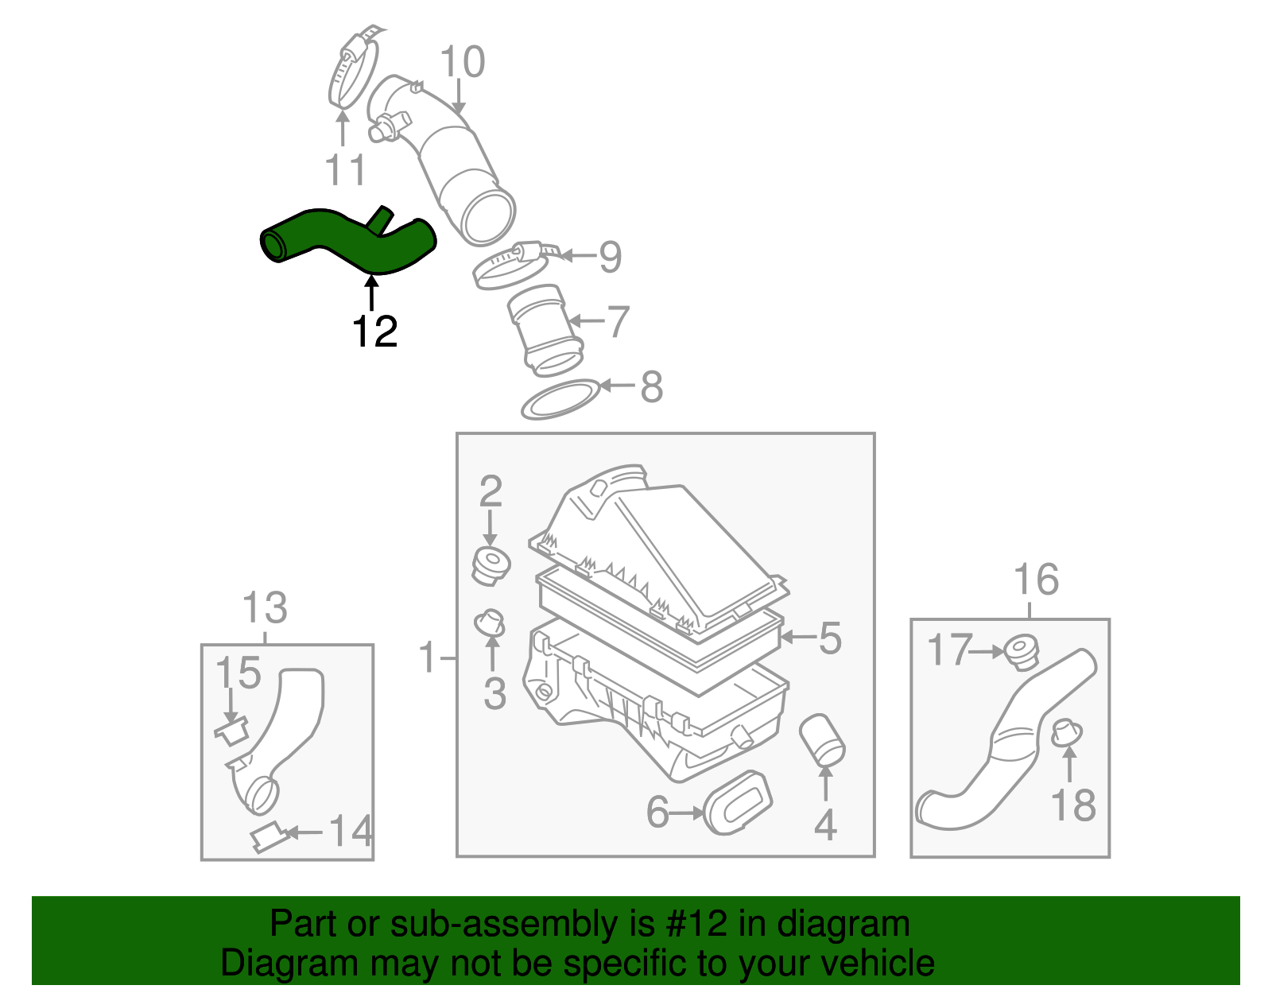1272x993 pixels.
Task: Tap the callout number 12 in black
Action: click(374, 332)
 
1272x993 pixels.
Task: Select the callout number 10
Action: click(462, 62)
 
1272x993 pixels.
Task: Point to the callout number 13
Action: click(264, 608)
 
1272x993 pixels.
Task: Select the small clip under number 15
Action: click(232, 731)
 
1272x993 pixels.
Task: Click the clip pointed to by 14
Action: click(267, 837)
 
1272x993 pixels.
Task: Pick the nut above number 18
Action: click(1066, 732)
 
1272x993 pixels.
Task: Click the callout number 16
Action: click(1036, 580)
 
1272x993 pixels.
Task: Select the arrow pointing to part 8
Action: click(618, 386)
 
